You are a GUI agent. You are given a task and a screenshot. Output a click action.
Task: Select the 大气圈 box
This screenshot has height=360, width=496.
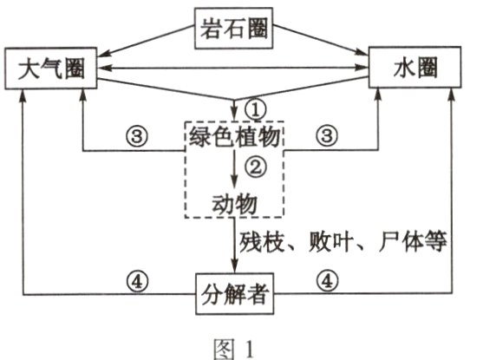(49, 69)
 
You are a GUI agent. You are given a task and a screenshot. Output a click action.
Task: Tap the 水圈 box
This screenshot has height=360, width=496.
(414, 69)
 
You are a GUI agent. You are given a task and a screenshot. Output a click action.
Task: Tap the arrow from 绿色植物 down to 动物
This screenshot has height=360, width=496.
(235, 167)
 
